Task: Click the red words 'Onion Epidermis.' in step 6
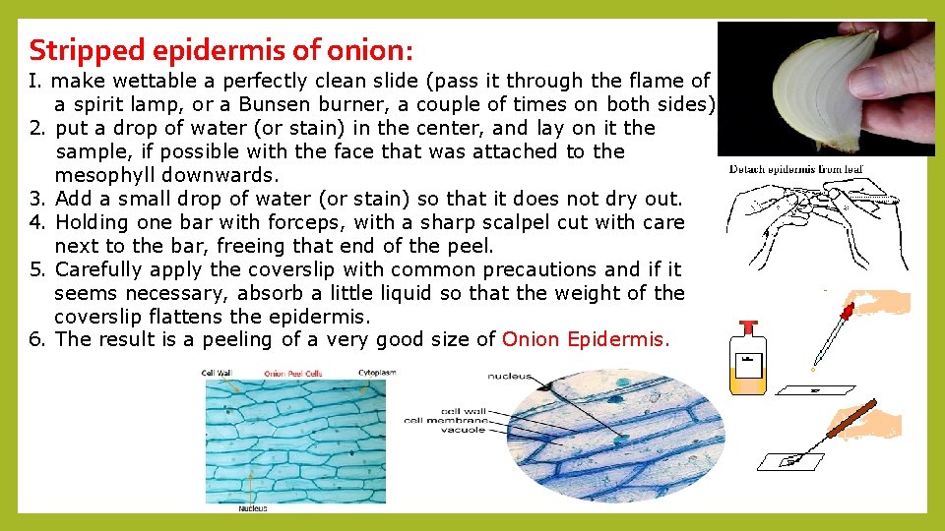point(586,340)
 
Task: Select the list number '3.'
point(38,199)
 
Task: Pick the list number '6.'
point(38,340)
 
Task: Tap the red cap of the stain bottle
point(749,325)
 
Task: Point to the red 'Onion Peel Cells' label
point(294,374)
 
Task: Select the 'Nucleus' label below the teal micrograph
point(252,508)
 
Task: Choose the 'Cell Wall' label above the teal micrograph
point(217,374)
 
